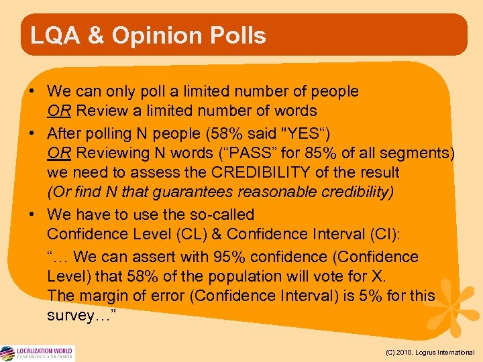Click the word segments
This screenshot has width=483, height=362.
tap(423, 153)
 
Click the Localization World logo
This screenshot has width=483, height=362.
tap(38, 353)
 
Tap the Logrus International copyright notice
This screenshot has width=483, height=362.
tap(430, 352)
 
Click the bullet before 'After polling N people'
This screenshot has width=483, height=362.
tap(32, 133)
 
